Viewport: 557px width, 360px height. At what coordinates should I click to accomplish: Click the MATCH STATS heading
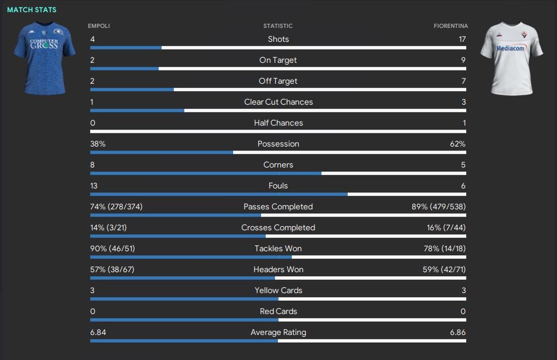(x=32, y=10)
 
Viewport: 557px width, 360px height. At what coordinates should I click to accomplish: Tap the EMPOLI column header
(x=99, y=26)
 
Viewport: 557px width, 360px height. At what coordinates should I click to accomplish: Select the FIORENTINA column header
(x=451, y=26)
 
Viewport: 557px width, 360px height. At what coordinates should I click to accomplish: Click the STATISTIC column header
(x=278, y=26)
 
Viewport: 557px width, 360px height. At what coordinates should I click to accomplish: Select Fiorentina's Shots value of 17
(x=462, y=39)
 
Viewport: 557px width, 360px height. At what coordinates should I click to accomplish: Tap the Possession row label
(x=278, y=144)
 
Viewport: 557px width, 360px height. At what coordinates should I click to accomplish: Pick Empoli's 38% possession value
(x=98, y=144)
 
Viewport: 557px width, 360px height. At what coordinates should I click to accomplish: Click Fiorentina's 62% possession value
(x=458, y=144)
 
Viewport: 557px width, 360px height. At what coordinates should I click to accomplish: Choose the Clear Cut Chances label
(x=278, y=102)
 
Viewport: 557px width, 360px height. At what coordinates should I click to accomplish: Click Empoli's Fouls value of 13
(x=94, y=186)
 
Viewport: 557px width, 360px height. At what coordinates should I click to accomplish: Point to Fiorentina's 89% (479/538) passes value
(x=438, y=206)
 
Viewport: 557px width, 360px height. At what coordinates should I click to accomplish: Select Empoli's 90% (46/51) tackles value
(x=113, y=248)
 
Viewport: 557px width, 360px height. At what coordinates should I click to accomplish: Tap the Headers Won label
(x=278, y=269)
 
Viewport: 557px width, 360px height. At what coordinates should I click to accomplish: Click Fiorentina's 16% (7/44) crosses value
(x=446, y=227)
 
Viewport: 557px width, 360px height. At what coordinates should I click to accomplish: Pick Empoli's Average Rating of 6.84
(x=98, y=332)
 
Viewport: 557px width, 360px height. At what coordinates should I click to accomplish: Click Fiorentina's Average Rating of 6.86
(x=458, y=332)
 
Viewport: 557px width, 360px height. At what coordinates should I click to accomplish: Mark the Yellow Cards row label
(x=278, y=290)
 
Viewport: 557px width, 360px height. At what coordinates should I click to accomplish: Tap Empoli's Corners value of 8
(x=92, y=165)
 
